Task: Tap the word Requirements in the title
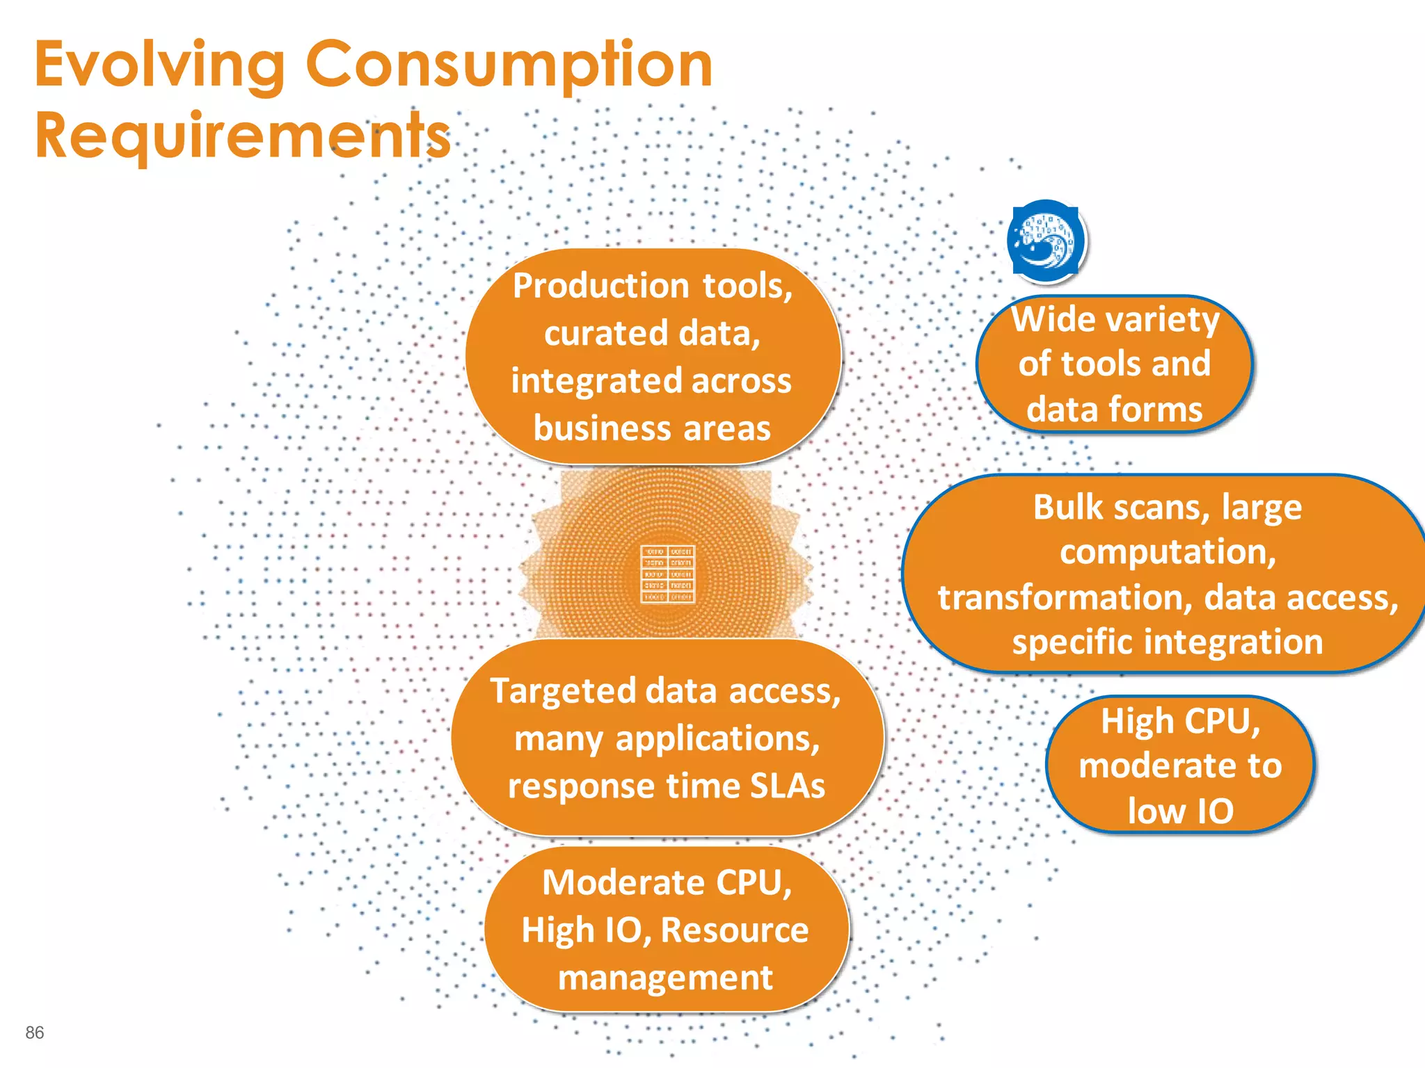[x=243, y=136]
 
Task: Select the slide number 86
[x=35, y=1033]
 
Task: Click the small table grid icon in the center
[x=667, y=574]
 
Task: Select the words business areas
[x=652, y=428]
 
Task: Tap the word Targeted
[x=564, y=691]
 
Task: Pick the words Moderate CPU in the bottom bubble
[x=667, y=882]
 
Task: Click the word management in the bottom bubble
[x=665, y=978]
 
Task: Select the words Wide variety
[x=1115, y=320]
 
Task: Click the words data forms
[x=1114, y=409]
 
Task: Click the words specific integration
[x=1167, y=642]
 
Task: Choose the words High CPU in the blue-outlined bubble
[x=1180, y=721]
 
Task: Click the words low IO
[x=1180, y=811]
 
